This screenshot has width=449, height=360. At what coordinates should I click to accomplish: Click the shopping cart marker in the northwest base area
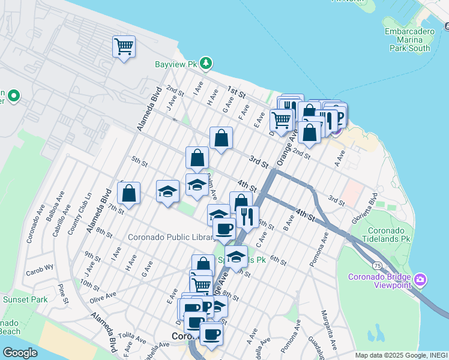(x=124, y=46)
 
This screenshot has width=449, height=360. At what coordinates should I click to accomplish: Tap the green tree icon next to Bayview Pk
(x=206, y=62)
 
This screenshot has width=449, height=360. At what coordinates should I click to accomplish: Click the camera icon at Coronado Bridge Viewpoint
(x=420, y=280)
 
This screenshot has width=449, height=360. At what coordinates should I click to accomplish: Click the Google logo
(x=20, y=353)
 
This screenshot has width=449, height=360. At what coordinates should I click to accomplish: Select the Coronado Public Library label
(x=164, y=237)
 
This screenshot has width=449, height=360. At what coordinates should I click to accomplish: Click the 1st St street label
(x=236, y=92)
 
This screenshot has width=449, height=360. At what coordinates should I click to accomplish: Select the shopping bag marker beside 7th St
(x=128, y=193)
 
